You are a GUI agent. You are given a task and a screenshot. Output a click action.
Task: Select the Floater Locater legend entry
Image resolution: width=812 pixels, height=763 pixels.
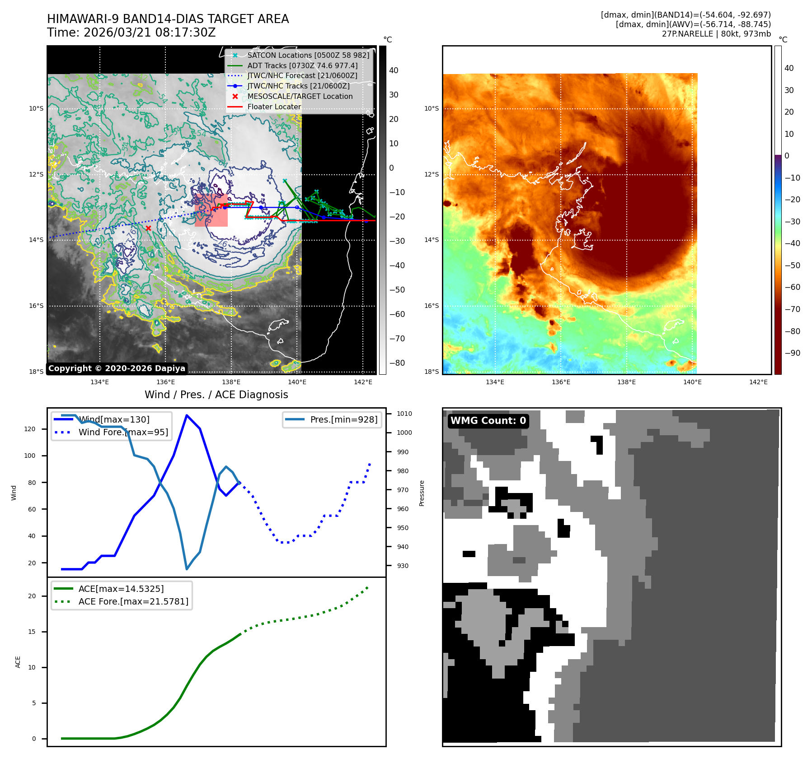(274, 107)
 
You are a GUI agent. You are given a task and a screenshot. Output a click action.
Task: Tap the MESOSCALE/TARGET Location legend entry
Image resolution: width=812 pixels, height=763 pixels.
(300, 96)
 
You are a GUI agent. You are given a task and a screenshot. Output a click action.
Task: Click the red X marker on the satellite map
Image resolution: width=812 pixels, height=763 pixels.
(148, 228)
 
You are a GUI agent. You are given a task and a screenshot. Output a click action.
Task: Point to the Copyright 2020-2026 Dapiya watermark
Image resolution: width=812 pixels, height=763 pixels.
(117, 368)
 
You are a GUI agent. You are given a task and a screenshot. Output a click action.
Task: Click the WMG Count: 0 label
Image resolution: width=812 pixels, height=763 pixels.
(488, 421)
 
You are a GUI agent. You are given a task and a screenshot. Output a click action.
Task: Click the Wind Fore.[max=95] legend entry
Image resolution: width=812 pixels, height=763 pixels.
(123, 432)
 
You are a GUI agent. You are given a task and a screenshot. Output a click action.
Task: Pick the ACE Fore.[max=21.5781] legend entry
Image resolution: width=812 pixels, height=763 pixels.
(133, 601)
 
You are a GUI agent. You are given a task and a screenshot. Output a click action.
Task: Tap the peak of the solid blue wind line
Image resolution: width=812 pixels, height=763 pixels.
(187, 415)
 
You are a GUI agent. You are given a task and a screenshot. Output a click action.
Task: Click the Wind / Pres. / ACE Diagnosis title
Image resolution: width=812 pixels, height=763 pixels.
(216, 395)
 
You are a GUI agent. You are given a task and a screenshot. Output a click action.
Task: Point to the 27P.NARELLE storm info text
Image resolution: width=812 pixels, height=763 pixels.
(716, 34)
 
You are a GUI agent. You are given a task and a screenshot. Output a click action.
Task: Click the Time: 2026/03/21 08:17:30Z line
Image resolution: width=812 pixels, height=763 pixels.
(131, 33)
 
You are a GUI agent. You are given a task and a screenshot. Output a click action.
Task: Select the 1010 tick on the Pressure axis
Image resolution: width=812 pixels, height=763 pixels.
(404, 414)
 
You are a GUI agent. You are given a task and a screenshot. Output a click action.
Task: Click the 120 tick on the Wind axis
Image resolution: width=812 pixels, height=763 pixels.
(30, 429)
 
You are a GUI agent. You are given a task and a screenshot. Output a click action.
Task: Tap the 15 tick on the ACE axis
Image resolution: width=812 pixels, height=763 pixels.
(32, 632)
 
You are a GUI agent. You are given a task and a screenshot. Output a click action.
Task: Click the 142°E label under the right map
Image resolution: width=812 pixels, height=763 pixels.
(758, 382)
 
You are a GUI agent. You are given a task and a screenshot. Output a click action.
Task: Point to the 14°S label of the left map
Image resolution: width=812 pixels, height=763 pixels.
(36, 240)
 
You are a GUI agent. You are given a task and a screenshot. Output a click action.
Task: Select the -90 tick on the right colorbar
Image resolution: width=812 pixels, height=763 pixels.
(792, 353)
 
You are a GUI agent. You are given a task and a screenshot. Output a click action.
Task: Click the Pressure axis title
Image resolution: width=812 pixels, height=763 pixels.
(422, 493)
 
